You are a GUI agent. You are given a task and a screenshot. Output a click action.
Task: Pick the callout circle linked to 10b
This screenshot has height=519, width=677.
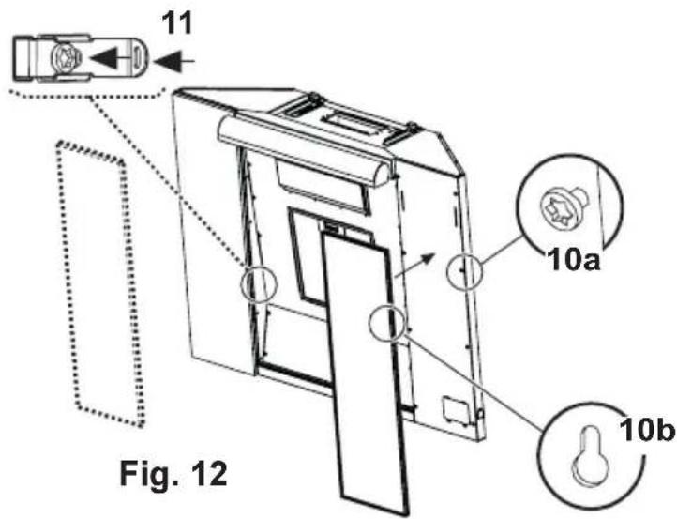(387, 322)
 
